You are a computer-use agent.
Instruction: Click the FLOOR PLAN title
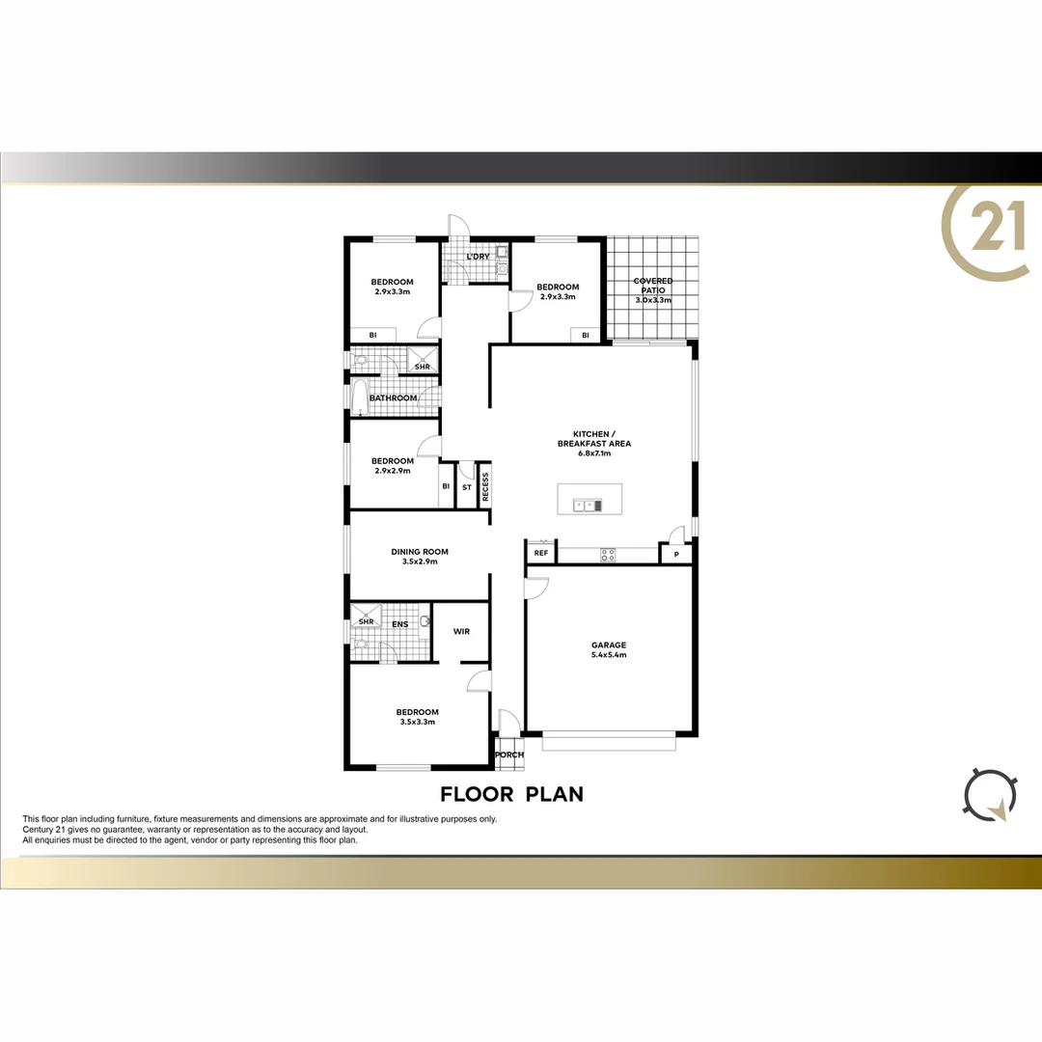tap(511, 794)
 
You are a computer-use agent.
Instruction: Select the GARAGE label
tap(609, 645)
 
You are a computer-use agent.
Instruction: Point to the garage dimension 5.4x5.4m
tap(609, 655)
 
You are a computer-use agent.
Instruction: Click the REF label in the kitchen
tap(540, 554)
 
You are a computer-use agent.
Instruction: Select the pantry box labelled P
tap(675, 555)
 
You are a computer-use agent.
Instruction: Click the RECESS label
tap(485, 487)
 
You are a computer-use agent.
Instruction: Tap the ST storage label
tap(467, 487)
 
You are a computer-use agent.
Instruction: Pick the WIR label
tap(461, 632)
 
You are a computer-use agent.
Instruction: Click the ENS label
tap(399, 624)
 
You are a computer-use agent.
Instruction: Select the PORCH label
tap(508, 754)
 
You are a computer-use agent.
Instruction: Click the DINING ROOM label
tap(420, 552)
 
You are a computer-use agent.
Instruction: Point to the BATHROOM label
tap(394, 398)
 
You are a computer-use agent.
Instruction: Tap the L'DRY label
tap(478, 257)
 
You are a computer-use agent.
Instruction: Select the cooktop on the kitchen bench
tap(609, 554)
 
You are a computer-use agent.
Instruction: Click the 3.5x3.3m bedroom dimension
tap(419, 722)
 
